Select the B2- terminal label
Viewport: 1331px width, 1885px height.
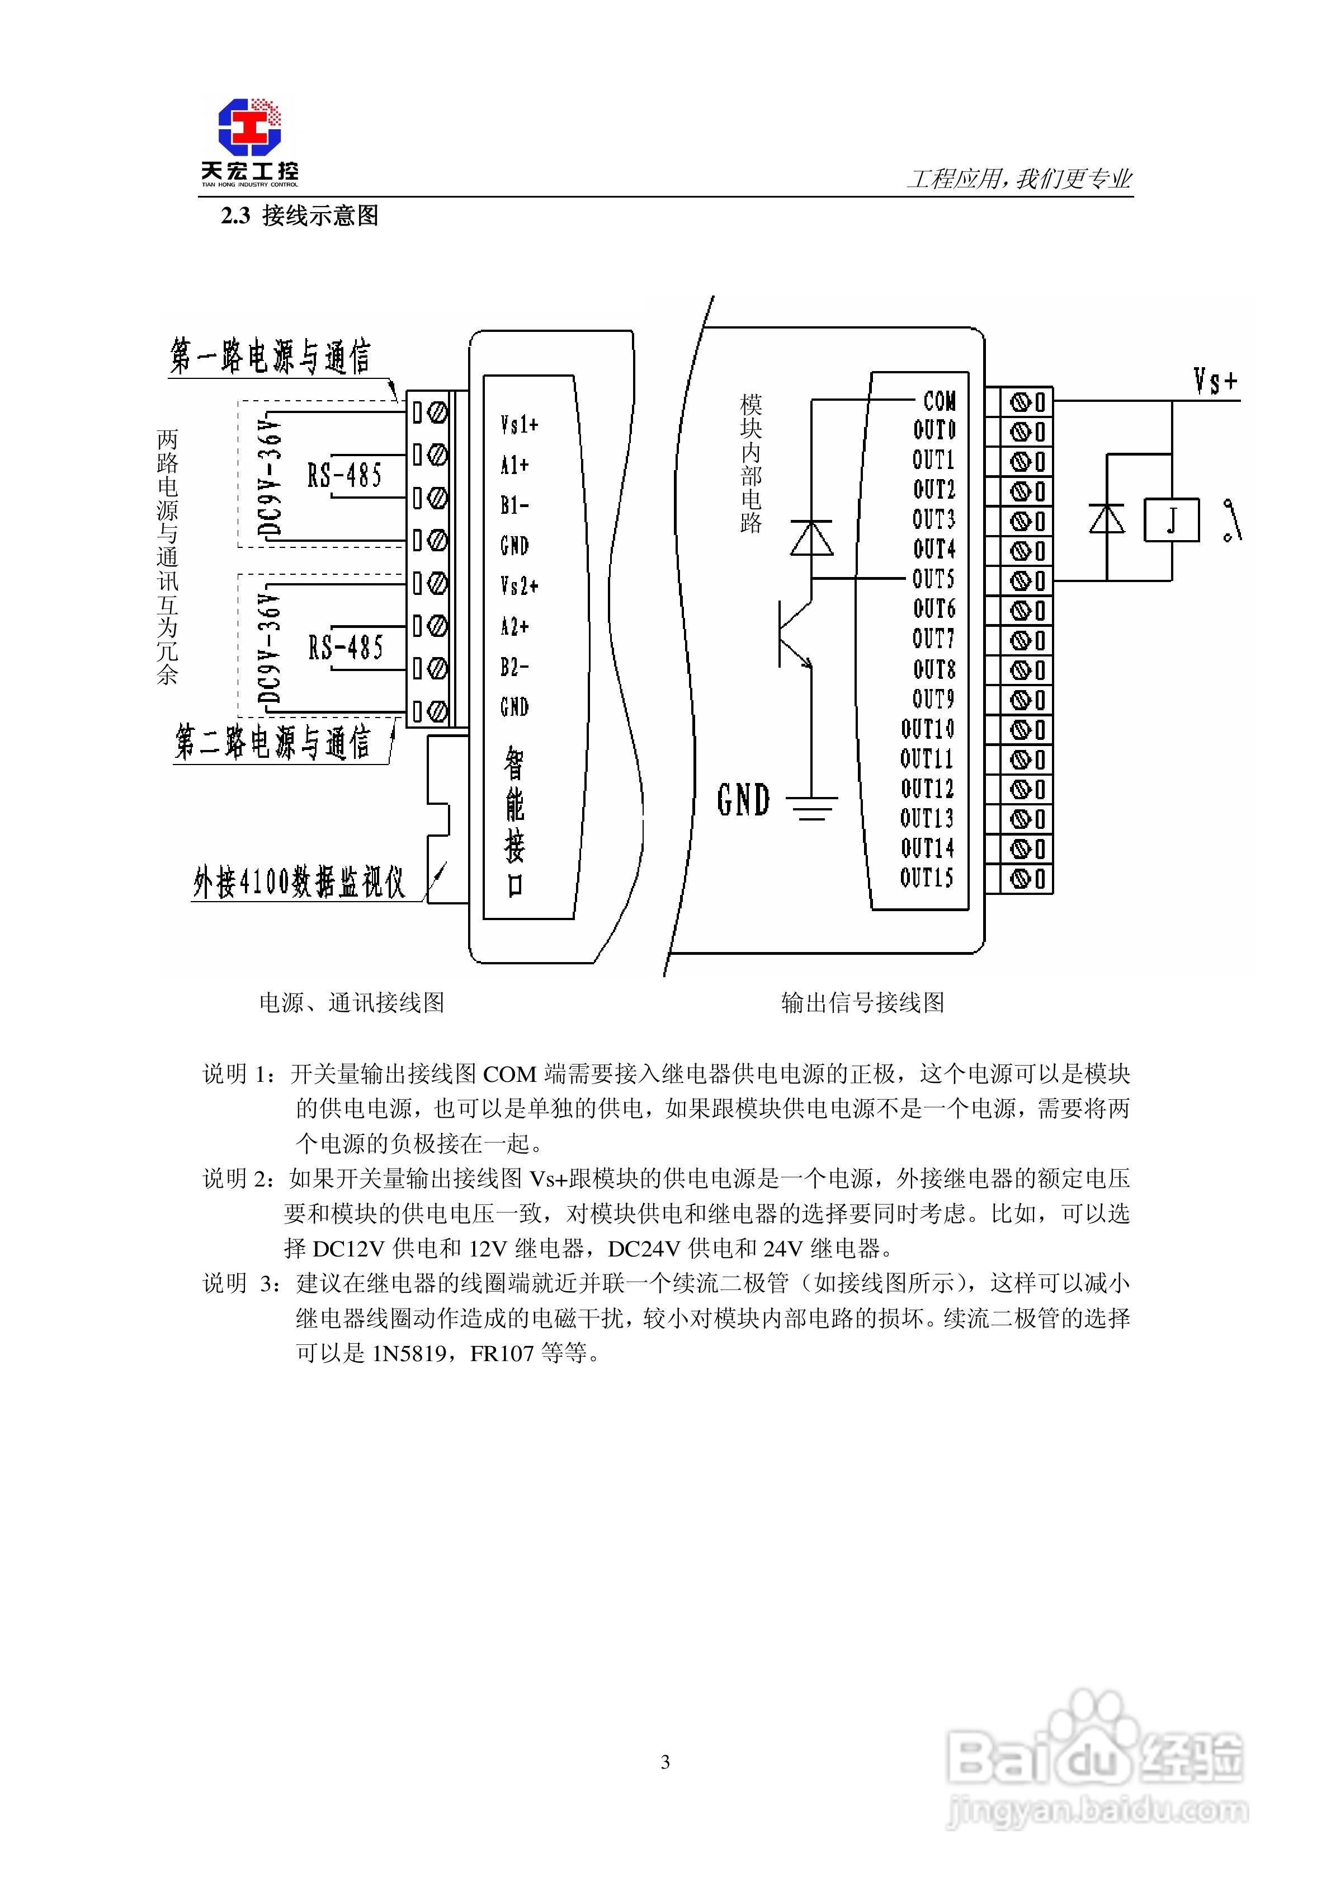pyautogui.click(x=515, y=668)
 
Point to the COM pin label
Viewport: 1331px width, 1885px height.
pyautogui.click(x=939, y=401)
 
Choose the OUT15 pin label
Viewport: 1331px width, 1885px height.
pyautogui.click(x=927, y=878)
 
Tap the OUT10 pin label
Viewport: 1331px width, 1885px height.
pyautogui.click(x=927, y=729)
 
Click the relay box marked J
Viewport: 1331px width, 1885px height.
pyautogui.click(x=1171, y=521)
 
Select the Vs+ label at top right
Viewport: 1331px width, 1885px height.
pyautogui.click(x=1215, y=382)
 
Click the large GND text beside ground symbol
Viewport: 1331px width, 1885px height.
pyautogui.click(x=743, y=800)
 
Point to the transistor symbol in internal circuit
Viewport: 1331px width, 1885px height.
pyautogui.click(x=794, y=634)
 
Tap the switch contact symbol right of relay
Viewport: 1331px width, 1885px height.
pyautogui.click(x=1233, y=521)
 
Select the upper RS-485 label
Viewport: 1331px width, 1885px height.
pyautogui.click(x=344, y=475)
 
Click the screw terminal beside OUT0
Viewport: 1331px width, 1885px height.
pyautogui.click(x=1020, y=432)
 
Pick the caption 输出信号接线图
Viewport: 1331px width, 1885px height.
pyautogui.click(x=862, y=1002)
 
